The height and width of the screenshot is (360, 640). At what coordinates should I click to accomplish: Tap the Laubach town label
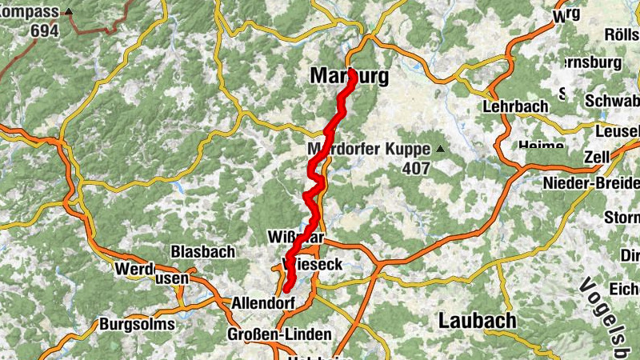pyautogui.click(x=477, y=321)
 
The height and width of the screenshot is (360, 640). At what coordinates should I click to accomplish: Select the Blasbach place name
pyautogui.click(x=203, y=251)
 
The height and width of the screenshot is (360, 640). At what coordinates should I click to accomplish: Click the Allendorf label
pyautogui.click(x=262, y=304)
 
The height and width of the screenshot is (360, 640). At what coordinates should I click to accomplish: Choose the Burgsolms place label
pyautogui.click(x=136, y=325)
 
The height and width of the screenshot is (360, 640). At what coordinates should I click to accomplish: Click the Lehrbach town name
pyautogui.click(x=515, y=106)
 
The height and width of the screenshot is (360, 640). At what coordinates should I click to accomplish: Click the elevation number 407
pyautogui.click(x=416, y=169)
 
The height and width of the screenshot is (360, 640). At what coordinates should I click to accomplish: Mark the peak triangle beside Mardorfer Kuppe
pyautogui.click(x=438, y=149)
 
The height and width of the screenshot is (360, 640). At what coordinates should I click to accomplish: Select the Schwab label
pyautogui.click(x=612, y=102)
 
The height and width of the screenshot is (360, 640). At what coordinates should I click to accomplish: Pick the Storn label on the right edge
pyautogui.click(x=622, y=217)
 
